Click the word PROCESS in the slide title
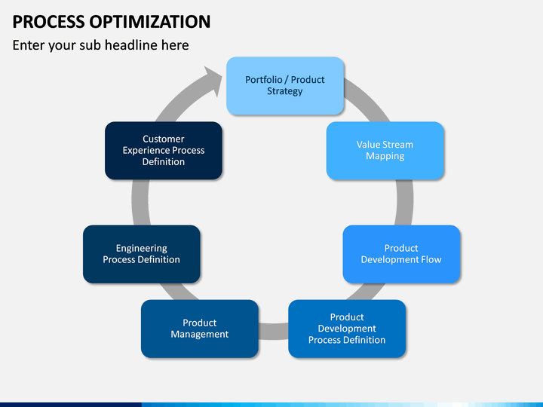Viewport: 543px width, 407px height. coord(48,22)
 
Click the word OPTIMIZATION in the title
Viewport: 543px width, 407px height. coord(150,22)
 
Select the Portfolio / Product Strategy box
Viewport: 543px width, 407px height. coord(285,85)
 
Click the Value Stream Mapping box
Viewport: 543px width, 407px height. coord(385,151)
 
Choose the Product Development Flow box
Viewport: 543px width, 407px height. coord(401,254)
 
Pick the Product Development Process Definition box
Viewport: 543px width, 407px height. coord(347,329)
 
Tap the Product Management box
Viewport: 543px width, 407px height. coord(199,329)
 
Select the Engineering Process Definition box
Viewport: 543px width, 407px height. coord(141,254)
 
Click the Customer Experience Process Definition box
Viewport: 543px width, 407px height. coord(164,151)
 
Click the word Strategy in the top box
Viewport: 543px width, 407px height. coord(284,91)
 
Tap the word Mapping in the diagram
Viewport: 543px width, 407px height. coord(385,156)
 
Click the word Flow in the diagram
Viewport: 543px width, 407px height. coord(431,259)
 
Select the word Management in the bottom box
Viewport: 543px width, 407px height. coord(199,335)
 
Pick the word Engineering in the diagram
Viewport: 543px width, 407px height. coord(141,249)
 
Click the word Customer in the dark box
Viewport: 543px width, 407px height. coord(164,139)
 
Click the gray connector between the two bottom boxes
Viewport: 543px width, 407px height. coord(273,331)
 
